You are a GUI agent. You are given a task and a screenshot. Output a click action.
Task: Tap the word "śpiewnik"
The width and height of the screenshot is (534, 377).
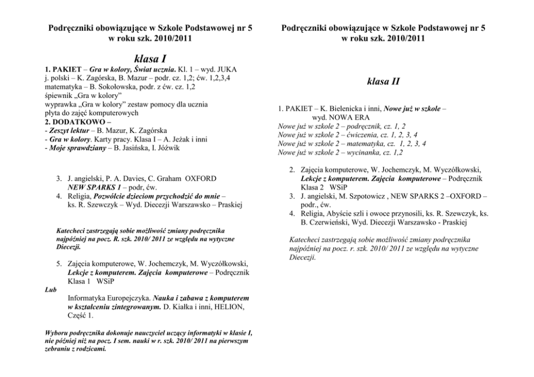click(x=58, y=95)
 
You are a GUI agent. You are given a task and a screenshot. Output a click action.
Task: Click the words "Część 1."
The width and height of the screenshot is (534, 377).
click(x=81, y=315)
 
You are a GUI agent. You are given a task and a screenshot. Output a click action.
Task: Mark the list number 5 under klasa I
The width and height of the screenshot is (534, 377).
click(x=59, y=264)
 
